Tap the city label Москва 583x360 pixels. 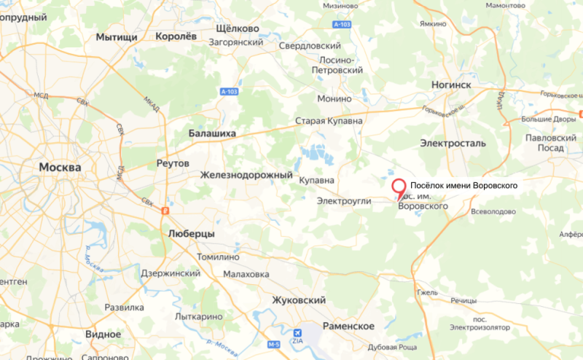(60, 167)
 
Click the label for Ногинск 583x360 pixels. (452, 85)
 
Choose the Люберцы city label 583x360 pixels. (191, 233)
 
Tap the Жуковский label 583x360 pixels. (298, 300)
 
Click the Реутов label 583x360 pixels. (173, 163)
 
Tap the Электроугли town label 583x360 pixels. (345, 200)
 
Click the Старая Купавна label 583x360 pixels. (329, 121)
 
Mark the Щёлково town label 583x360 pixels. (238, 28)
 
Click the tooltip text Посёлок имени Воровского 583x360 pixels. (464, 186)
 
